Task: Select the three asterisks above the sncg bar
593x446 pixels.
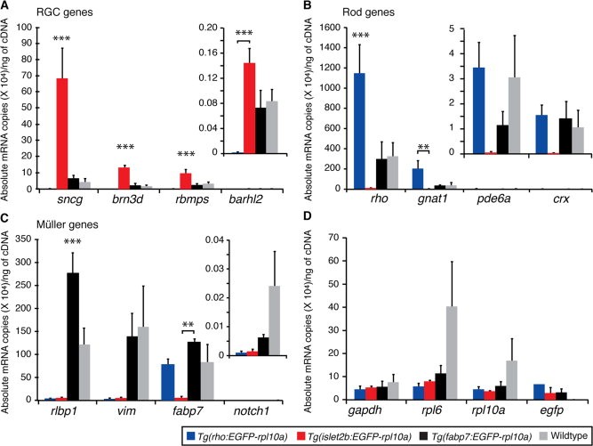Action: (62, 38)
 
